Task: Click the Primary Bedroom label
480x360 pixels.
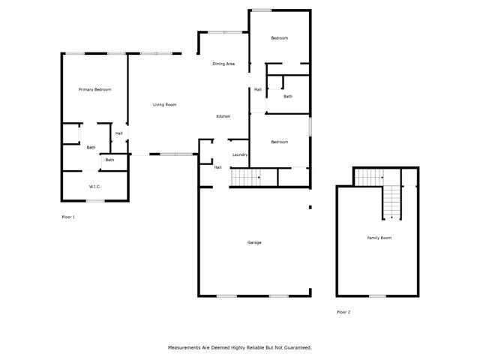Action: [x=95, y=90]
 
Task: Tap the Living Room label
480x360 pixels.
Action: [x=164, y=104]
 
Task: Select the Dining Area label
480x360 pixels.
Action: [x=223, y=64]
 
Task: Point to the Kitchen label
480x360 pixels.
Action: [x=223, y=116]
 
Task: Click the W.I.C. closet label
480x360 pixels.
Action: [x=95, y=186]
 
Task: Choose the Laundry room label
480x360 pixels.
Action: [x=240, y=154]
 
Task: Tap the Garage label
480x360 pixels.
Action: [x=254, y=242]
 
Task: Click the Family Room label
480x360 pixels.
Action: [x=379, y=238]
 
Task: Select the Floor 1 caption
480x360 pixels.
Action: [x=68, y=217]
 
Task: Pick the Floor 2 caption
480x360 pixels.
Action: [x=343, y=311]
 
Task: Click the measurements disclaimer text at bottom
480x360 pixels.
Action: [x=239, y=347]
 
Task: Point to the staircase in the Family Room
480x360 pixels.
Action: [x=391, y=201]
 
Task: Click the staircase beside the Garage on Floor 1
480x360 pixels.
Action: [x=244, y=178]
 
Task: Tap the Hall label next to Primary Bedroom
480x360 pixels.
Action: [x=118, y=133]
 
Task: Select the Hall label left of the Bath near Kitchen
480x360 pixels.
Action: [x=257, y=90]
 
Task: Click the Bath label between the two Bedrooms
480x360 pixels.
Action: [x=288, y=97]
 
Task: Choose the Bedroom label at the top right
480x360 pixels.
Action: [x=279, y=38]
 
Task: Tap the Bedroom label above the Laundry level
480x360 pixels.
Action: [x=279, y=142]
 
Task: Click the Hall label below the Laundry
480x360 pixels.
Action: [x=217, y=167]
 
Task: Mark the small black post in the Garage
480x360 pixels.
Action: [x=310, y=207]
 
